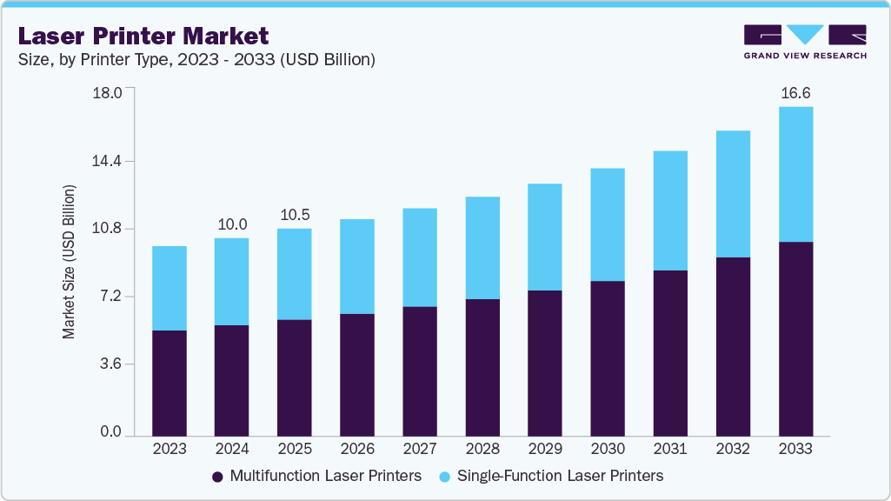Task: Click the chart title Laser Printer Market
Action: coord(143,37)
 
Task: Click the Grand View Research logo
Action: coord(805,42)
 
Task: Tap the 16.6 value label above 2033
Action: coord(795,92)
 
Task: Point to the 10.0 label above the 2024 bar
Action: coord(232,224)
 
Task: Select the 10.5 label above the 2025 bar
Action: coord(295,215)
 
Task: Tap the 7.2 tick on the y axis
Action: coord(111,297)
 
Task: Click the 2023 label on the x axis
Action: coord(170,449)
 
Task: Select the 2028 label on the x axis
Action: coord(482,449)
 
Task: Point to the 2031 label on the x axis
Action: coord(670,449)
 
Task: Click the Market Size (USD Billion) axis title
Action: coord(69,262)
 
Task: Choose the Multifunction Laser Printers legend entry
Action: coord(316,476)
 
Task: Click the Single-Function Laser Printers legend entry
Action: coord(551,476)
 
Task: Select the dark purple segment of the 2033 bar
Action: coord(795,338)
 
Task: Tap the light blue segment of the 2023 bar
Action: coord(170,288)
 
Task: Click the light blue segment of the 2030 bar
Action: coord(608,224)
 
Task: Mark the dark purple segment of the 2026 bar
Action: coord(357,374)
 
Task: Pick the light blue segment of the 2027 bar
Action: coord(420,257)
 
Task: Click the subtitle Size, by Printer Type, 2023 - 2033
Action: coord(196,60)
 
